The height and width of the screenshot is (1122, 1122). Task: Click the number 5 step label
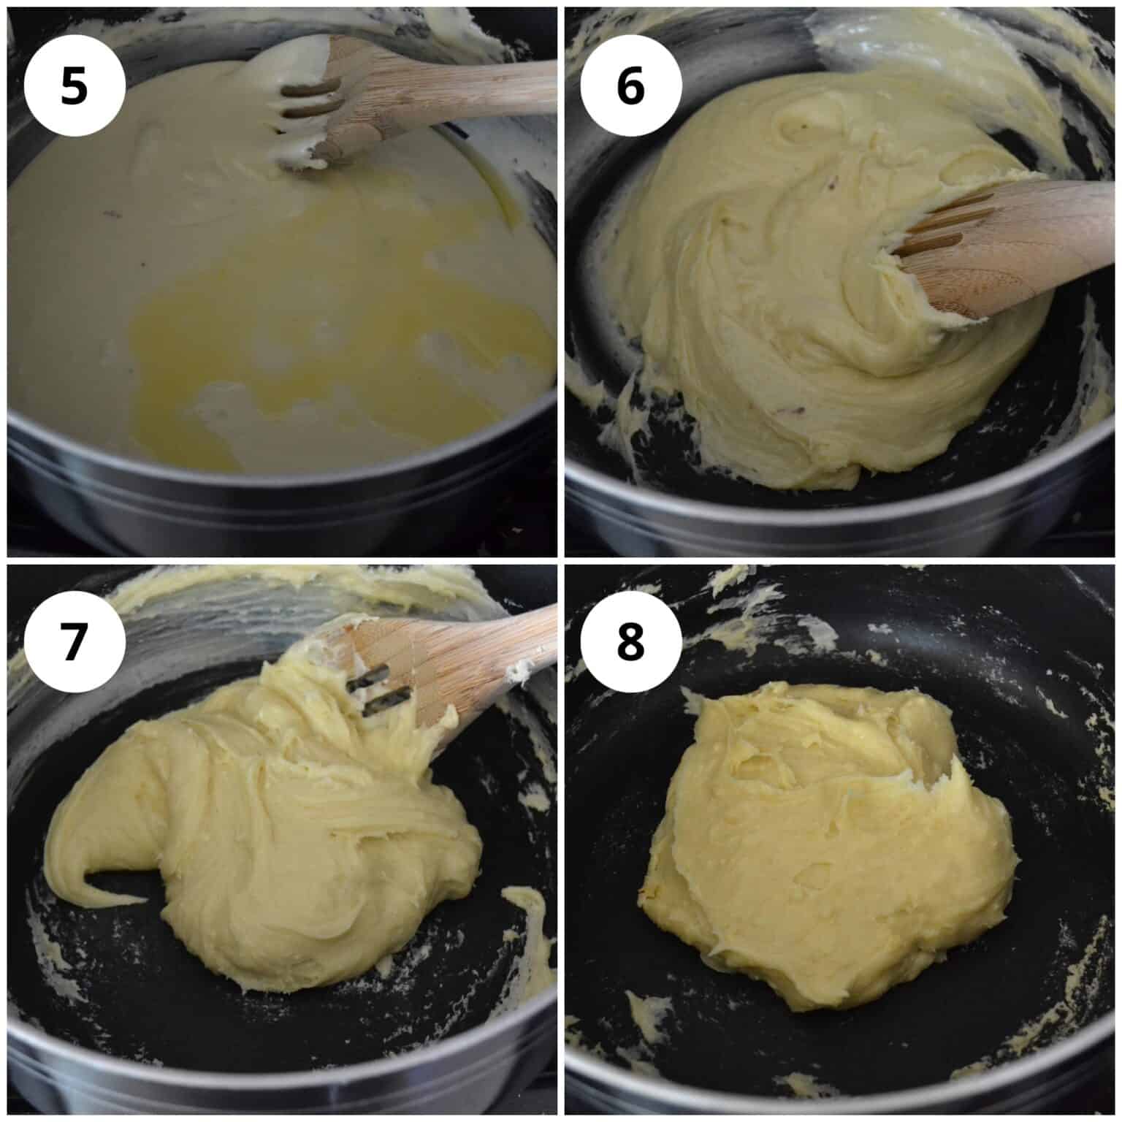click(74, 85)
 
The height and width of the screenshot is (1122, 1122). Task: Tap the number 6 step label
click(631, 85)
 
